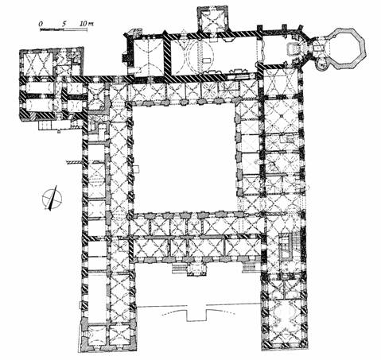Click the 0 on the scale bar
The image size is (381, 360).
coord(41,24)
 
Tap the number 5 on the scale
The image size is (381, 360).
coord(64,23)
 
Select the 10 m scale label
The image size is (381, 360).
coord(87,23)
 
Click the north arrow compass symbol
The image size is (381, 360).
coord(52,198)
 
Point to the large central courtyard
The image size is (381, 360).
coord(184,158)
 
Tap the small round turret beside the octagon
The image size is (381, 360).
coord(322,64)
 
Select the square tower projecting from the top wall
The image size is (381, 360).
coord(212,20)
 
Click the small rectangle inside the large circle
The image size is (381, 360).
coord(208,60)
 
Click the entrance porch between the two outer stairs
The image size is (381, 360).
coord(196,269)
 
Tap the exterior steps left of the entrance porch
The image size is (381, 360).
coord(179,268)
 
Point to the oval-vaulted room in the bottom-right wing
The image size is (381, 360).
coord(285,315)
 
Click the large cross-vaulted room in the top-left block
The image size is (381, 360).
coord(37,64)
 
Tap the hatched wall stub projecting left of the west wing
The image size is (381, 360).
coord(74,162)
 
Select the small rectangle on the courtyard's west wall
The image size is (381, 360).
coord(136,168)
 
